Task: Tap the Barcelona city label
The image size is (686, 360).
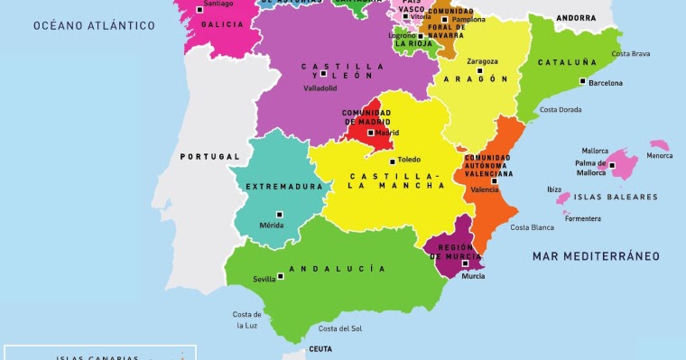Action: (606, 83)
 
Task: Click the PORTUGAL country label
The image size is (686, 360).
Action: (209, 156)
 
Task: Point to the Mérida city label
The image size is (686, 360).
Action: (272, 226)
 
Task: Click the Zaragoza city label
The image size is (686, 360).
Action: (482, 61)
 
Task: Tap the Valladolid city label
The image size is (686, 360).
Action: (320, 88)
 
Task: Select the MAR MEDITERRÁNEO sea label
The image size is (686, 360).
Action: (596, 256)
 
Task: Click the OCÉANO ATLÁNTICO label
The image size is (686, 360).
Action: (95, 25)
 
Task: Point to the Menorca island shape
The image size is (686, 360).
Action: (660, 145)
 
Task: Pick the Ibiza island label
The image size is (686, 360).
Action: (554, 189)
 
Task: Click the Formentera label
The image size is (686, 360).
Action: (582, 218)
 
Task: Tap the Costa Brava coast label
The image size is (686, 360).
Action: (631, 54)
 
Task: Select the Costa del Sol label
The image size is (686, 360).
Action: (340, 328)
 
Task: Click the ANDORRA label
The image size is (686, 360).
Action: (576, 18)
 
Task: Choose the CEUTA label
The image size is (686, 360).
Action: (320, 348)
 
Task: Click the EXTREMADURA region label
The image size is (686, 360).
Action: (284, 187)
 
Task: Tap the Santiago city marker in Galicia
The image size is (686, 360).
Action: (199, 9)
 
